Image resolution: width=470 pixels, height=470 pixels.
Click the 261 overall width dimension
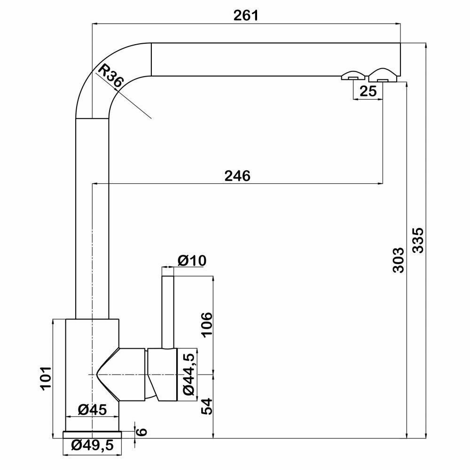[246, 16]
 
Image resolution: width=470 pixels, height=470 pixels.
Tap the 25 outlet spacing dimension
[368, 91]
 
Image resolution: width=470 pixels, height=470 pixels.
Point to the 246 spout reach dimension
[237, 176]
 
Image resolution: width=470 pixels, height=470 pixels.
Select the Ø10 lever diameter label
[192, 260]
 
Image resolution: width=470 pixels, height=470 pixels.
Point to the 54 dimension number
[206, 407]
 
